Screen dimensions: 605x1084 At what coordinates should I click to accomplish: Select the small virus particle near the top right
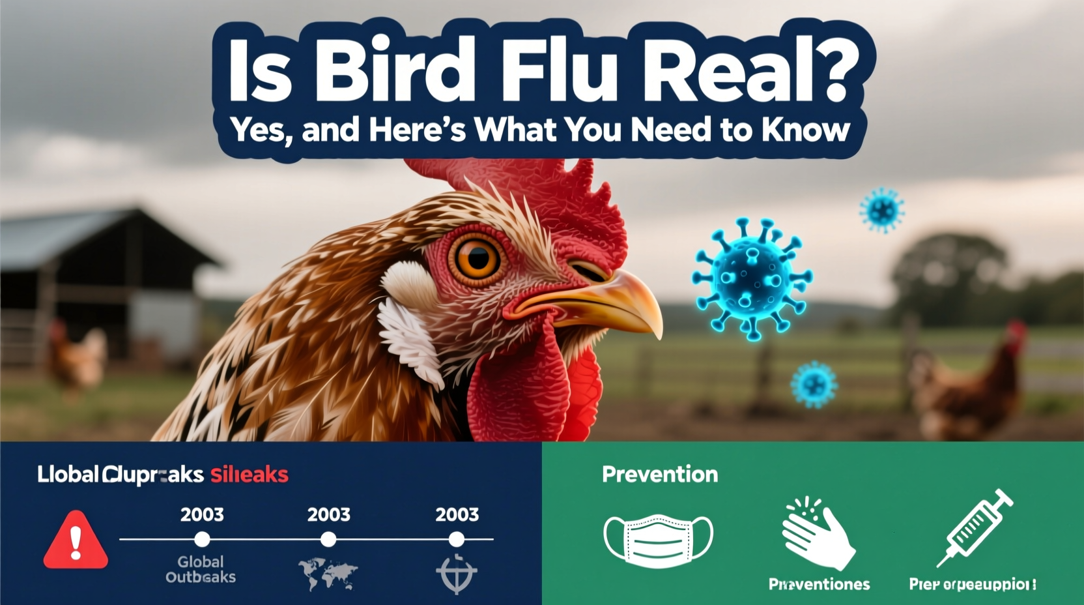(882, 210)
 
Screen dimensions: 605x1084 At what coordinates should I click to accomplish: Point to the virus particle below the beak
(814, 385)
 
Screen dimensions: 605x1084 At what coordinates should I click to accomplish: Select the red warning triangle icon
(76, 541)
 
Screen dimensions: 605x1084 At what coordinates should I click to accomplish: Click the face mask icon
(658, 539)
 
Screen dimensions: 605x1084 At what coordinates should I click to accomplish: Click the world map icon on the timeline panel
(328, 574)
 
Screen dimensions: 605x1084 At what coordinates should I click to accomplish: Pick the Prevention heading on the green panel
(660, 475)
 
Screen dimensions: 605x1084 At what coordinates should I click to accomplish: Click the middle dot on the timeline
(329, 539)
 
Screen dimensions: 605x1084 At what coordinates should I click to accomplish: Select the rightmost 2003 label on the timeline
(457, 514)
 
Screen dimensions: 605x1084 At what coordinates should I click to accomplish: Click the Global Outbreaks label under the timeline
(201, 569)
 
